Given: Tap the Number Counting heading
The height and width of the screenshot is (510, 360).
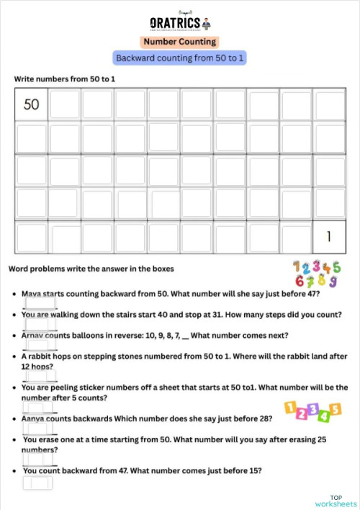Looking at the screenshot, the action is coord(179,42).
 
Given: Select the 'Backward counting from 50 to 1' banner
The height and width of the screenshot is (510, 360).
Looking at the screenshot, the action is coord(180,58).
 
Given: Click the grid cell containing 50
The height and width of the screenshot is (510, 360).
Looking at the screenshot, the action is coord(32,104).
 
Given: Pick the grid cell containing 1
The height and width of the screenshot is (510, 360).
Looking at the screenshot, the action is coord(329,236).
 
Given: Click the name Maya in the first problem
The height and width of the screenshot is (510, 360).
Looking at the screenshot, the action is coord(32,294).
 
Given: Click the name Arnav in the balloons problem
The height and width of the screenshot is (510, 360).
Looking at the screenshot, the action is coord(34,335).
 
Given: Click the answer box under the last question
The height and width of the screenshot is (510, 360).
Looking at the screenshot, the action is coord(37,483).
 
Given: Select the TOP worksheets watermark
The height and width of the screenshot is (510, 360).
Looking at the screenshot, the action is coord(336,501).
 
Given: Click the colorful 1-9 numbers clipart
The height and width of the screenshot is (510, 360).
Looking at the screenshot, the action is coord(316,273).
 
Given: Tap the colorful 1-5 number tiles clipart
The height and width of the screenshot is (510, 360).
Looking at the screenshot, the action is coord(312,411).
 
